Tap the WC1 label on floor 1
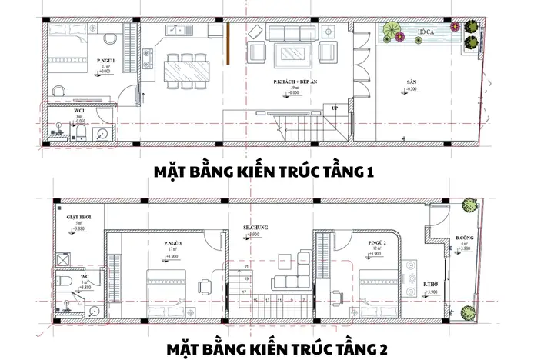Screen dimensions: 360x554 (78, 111)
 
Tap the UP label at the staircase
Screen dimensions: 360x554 (334, 108)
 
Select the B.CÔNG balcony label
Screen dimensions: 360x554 (464, 238)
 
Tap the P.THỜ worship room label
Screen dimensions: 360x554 (431, 284)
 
